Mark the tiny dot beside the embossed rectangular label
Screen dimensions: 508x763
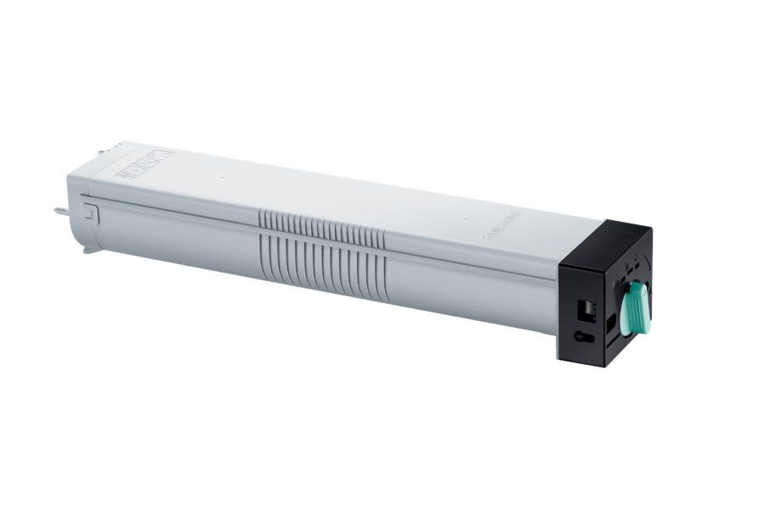(x=218, y=178)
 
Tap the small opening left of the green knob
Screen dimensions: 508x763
(x=611, y=323)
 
